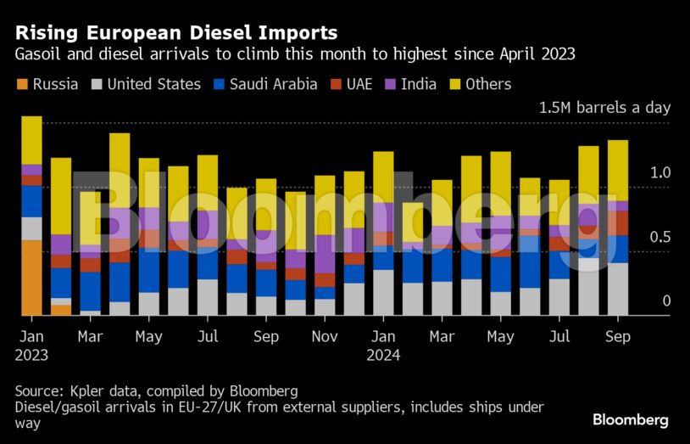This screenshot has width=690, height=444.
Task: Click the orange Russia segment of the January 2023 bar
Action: (31, 278)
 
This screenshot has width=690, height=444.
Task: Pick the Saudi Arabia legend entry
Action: (267, 84)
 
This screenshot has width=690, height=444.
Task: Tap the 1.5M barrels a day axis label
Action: (604, 108)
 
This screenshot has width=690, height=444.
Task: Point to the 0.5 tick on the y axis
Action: (659, 237)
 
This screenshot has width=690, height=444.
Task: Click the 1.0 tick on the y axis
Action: (659, 172)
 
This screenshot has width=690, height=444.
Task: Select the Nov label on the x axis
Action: (325, 337)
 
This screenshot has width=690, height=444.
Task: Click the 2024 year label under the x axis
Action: (383, 356)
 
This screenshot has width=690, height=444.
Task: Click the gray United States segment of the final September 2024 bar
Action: (619, 289)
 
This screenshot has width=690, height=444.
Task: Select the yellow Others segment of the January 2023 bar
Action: (31, 140)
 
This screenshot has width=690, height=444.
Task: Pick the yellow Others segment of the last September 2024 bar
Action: (619, 170)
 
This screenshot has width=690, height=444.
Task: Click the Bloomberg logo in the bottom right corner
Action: (630, 419)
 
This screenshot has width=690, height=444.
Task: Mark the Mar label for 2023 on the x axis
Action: (91, 337)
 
